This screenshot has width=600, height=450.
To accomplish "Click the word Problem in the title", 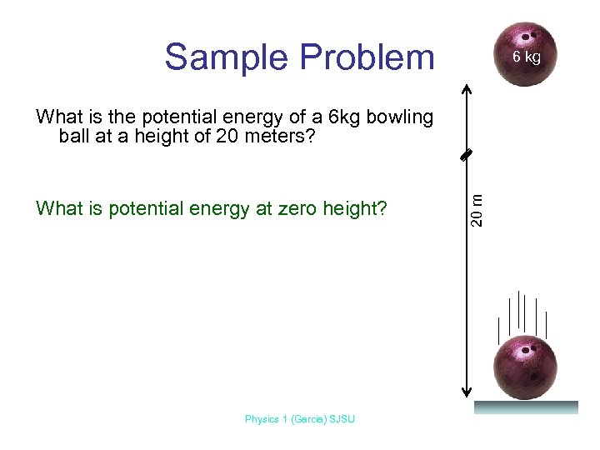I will [x=366, y=57].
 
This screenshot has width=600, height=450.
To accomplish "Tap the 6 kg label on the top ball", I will [x=527, y=57].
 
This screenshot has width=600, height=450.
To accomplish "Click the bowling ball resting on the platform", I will [x=525, y=367].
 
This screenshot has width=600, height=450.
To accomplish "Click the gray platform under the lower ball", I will [x=526, y=407].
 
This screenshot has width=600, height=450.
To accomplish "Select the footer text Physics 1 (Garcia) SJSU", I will [x=300, y=419].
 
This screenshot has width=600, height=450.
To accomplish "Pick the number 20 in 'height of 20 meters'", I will [x=227, y=136].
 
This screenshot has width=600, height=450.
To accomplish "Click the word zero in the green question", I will [x=300, y=208].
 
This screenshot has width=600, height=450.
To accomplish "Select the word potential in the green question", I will [x=142, y=208].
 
